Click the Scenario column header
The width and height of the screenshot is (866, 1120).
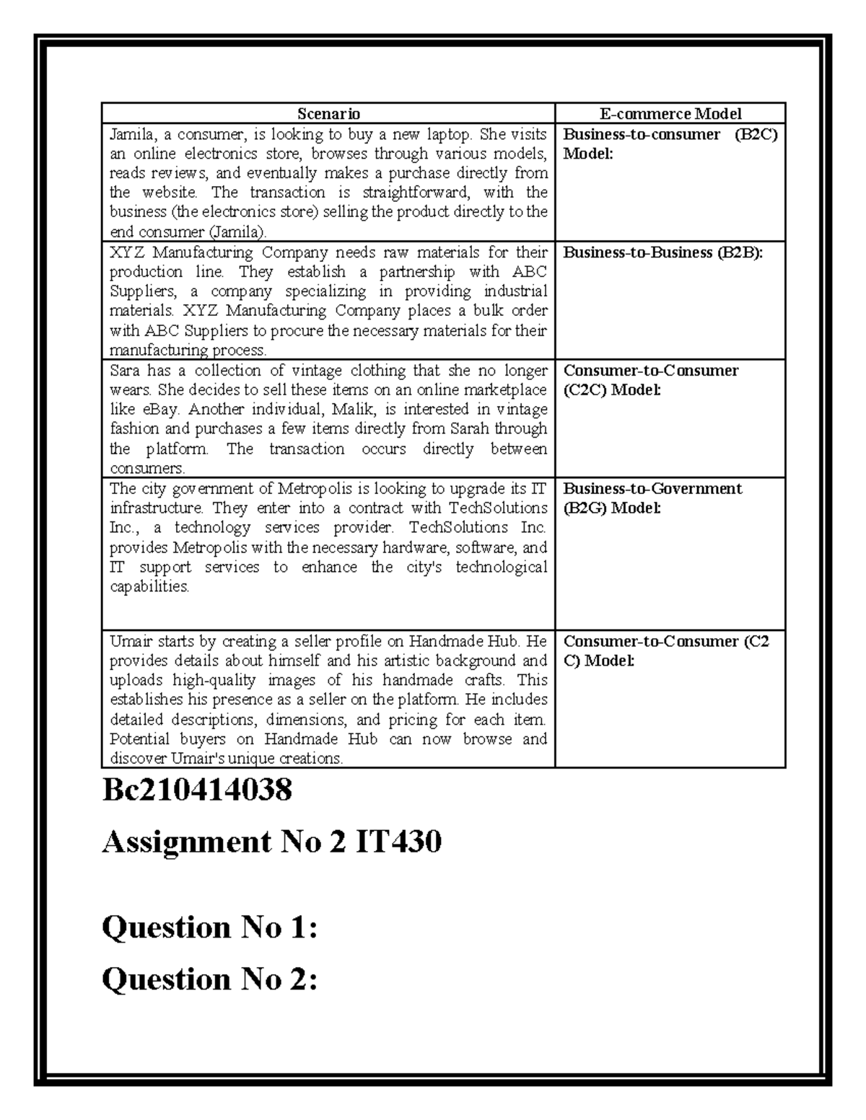click(x=328, y=113)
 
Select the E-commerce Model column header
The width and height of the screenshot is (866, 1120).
click(x=670, y=113)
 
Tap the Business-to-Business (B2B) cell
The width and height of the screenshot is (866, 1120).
click(x=662, y=252)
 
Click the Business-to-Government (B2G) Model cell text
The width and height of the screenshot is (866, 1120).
click(x=652, y=498)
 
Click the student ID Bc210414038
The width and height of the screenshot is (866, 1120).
click(x=197, y=790)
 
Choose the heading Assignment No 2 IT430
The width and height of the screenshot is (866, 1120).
click(x=271, y=842)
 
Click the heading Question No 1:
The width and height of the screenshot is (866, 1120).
click(x=209, y=927)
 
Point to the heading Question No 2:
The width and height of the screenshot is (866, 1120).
click(x=209, y=979)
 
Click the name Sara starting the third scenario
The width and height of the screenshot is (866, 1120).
click(x=124, y=371)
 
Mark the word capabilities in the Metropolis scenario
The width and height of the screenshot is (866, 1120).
click(x=149, y=586)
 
